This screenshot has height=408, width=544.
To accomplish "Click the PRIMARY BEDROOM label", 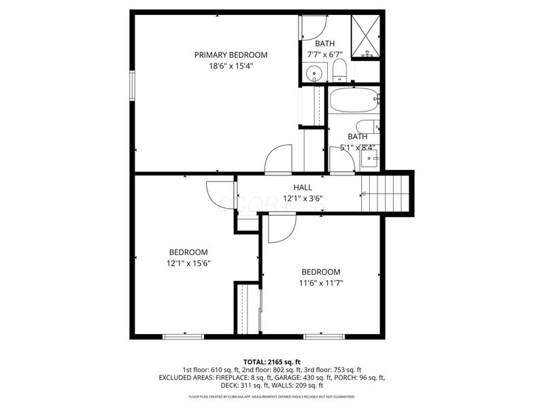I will click(x=231, y=55).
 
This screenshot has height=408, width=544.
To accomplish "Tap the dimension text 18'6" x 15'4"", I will click(x=231, y=66).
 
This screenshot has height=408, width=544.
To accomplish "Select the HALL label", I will click(x=303, y=188).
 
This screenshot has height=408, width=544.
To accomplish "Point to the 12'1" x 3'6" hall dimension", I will click(x=303, y=199).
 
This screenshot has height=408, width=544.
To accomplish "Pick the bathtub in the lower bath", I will click(x=354, y=101).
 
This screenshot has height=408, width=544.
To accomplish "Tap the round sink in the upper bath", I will click(x=314, y=73).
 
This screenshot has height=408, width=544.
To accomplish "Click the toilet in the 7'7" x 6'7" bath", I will click(x=340, y=71).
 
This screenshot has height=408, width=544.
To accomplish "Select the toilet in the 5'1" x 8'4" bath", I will click(x=367, y=126).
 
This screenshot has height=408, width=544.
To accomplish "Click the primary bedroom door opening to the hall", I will click(x=278, y=159).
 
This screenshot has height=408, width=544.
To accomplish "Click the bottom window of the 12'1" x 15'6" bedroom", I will click(x=184, y=335).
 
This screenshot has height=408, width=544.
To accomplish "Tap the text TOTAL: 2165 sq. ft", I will click(x=271, y=361).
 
